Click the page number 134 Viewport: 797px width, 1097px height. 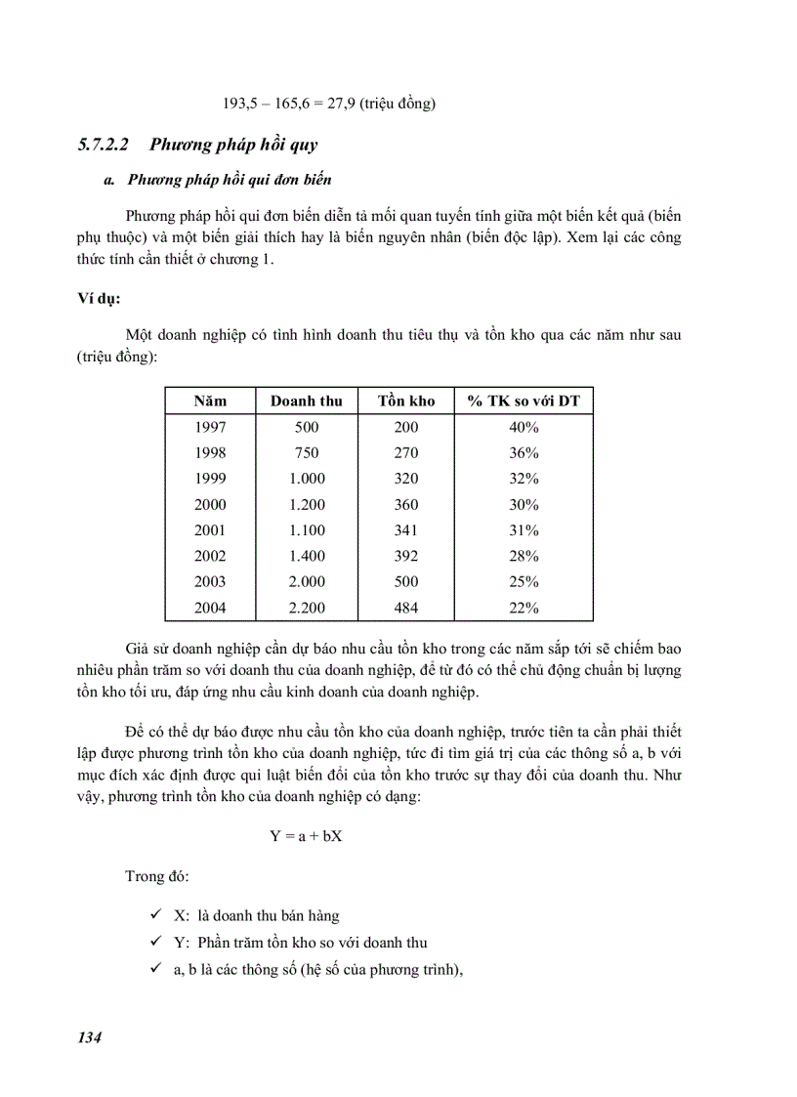pyautogui.click(x=90, y=1036)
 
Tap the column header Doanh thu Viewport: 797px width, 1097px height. pyautogui.click(x=307, y=401)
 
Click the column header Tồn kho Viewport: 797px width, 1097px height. pyautogui.click(x=406, y=401)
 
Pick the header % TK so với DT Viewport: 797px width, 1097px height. pyautogui.click(x=524, y=401)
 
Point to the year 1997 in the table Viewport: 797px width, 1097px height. pyautogui.click(x=210, y=427)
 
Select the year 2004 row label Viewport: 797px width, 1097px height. pyautogui.click(x=210, y=608)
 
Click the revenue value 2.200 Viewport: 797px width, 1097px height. pyautogui.click(x=307, y=608)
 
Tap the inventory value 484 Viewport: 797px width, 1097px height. pyautogui.click(x=406, y=608)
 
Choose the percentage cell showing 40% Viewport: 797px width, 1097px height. pyautogui.click(x=524, y=427)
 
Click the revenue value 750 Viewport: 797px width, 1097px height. pyautogui.click(x=307, y=452)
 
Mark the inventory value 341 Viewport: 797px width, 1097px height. pyautogui.click(x=406, y=530)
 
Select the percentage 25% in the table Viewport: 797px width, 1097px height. pyautogui.click(x=524, y=582)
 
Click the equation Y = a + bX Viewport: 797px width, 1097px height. pyautogui.click(x=306, y=836)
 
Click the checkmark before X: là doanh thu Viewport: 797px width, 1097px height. pyautogui.click(x=156, y=916)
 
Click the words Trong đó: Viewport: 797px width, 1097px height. pyautogui.click(x=158, y=876)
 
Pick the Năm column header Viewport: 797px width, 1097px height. pyautogui.click(x=210, y=401)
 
